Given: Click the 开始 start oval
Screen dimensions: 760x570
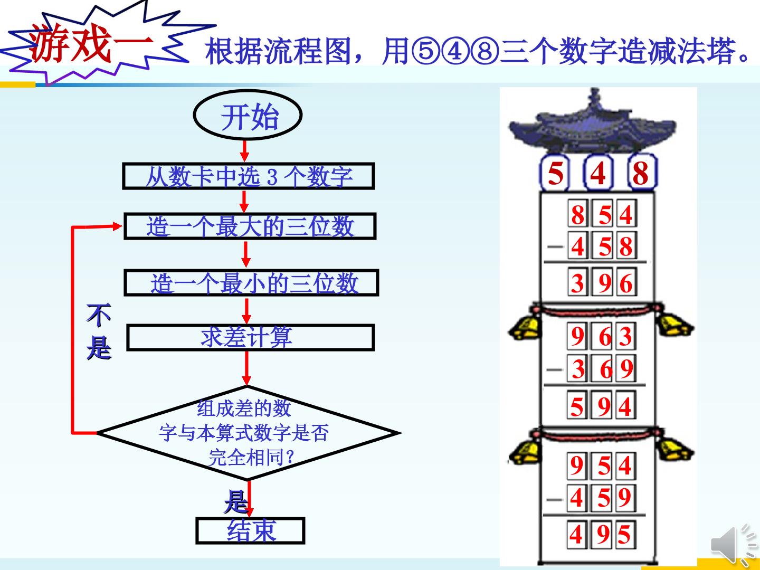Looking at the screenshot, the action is pos(248,115).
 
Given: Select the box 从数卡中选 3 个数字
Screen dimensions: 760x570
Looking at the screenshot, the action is pos(249,176).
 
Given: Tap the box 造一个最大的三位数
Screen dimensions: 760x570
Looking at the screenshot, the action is pos(250,226).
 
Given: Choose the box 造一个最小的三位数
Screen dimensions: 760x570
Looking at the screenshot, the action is pos(251,283).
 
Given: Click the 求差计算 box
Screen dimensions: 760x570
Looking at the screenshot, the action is pos(251,337).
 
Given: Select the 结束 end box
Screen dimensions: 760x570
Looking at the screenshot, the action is pos(250,530).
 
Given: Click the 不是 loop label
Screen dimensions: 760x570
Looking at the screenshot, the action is pos(99,331).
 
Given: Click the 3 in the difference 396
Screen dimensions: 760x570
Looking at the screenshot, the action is pos(577,283).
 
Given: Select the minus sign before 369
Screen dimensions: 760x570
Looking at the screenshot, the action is pos(555,369).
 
